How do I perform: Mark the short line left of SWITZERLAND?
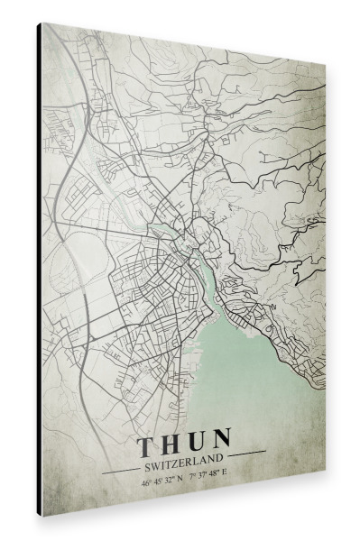point(119,470)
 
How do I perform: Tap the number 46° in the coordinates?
point(146,481)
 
